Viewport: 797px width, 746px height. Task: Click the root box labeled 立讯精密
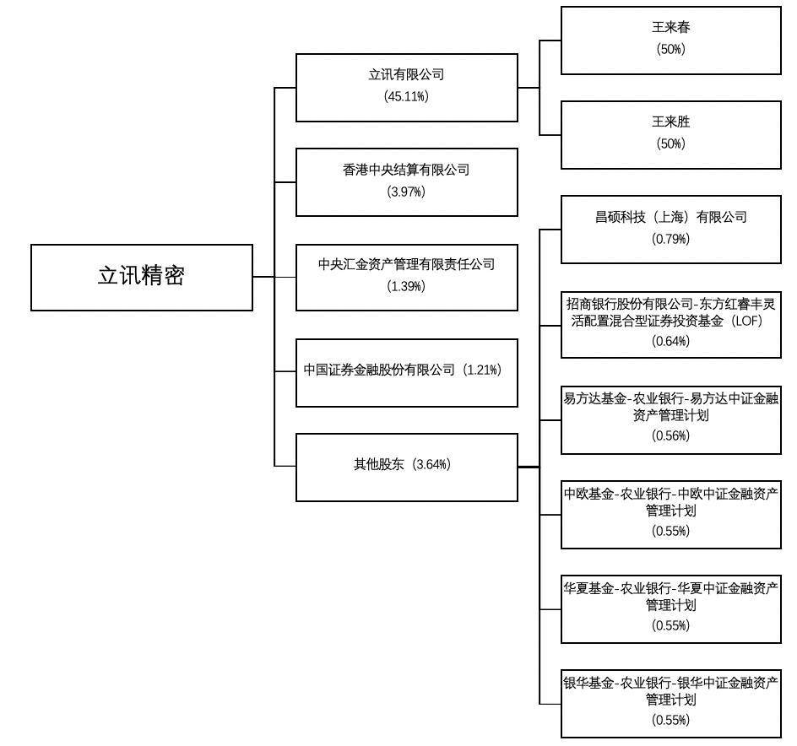tap(142, 278)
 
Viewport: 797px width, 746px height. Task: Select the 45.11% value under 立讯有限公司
tap(406, 96)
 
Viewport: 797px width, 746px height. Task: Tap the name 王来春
tap(671, 27)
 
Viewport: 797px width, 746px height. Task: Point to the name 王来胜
tap(671, 122)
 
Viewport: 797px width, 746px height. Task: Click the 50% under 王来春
tap(671, 49)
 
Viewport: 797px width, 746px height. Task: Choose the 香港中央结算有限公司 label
tap(406, 170)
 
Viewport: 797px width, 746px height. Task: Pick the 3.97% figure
tap(406, 192)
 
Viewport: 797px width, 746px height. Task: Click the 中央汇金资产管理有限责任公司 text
tap(406, 264)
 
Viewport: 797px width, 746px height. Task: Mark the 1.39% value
tap(406, 286)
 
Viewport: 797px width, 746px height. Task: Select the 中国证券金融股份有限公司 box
tap(407, 373)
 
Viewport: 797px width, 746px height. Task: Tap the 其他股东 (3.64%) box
tap(407, 468)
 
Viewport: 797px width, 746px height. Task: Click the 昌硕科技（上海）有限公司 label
tap(671, 217)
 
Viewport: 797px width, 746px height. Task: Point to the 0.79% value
tap(671, 239)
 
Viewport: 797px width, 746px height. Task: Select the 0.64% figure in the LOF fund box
tap(671, 341)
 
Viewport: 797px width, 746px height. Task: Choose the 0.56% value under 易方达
tap(671, 435)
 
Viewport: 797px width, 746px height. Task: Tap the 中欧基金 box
tap(671, 515)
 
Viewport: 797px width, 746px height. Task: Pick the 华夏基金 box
tap(671, 609)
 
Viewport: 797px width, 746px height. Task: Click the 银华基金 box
tap(671, 704)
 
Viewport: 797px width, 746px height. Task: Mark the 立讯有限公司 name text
tap(406, 75)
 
